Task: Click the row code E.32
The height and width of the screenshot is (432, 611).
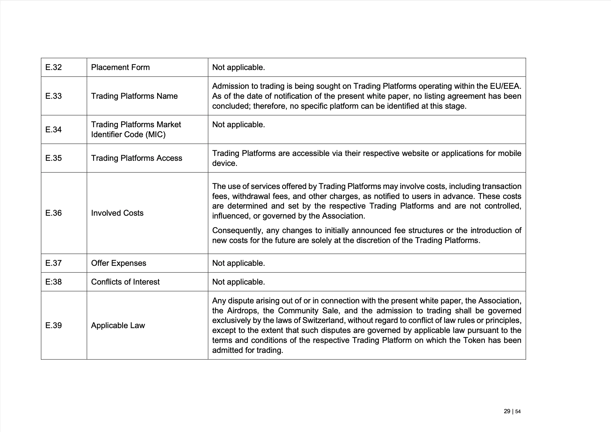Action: point(54,67)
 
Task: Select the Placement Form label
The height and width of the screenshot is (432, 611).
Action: point(120,67)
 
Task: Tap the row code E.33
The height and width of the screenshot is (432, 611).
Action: point(54,96)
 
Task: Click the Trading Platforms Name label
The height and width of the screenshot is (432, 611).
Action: point(134,96)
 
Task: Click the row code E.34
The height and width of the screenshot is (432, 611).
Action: point(54,130)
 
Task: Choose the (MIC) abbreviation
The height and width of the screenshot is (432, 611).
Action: point(155,135)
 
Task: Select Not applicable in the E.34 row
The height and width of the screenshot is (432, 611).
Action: point(238,125)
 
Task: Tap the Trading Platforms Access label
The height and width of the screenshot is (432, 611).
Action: point(136,158)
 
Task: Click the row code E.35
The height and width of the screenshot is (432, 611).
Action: point(54,158)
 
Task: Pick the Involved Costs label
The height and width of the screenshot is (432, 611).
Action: point(117,213)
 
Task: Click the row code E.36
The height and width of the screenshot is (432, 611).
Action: point(54,213)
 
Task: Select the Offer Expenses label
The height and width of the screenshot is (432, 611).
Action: point(118,263)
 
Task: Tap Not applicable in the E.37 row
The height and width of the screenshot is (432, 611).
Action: point(238,263)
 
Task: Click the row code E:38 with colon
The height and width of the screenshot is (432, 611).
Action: point(54,282)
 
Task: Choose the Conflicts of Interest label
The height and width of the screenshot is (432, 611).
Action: point(125,282)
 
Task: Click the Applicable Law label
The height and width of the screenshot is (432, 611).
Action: point(118,326)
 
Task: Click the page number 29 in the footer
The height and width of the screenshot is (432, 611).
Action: point(507,412)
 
